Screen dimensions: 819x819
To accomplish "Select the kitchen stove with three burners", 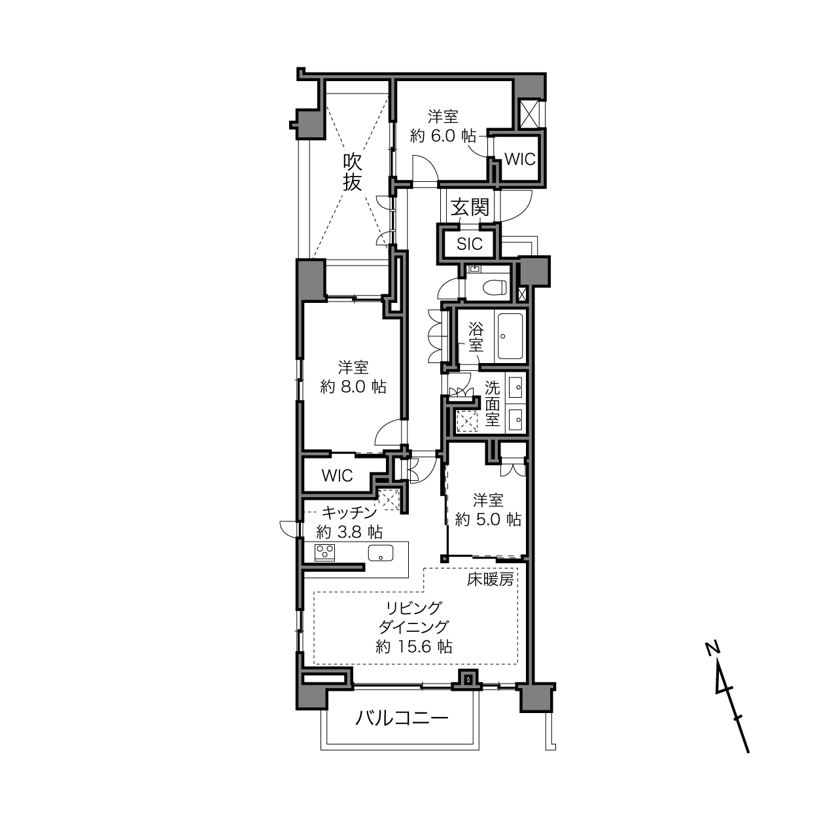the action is (x=324, y=553).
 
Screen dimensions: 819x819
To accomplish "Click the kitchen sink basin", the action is (x=380, y=553).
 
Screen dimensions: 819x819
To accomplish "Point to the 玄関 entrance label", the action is (x=470, y=207).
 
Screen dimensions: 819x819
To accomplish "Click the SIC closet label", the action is (x=470, y=244).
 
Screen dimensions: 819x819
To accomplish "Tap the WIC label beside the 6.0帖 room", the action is (x=520, y=160).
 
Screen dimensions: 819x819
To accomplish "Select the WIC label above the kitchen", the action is (x=337, y=476).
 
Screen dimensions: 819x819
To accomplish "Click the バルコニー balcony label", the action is (x=402, y=718).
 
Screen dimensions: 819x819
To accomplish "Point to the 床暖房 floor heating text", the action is (x=490, y=579).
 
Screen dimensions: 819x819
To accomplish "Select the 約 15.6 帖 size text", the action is (x=414, y=646).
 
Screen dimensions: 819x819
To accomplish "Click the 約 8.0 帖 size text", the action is (x=353, y=387).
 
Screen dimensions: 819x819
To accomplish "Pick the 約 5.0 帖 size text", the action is (x=488, y=519).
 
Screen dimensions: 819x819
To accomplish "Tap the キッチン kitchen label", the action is (x=349, y=513).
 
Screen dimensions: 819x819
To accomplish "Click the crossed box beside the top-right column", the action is (x=530, y=114).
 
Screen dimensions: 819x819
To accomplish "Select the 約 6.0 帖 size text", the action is (x=443, y=135).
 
